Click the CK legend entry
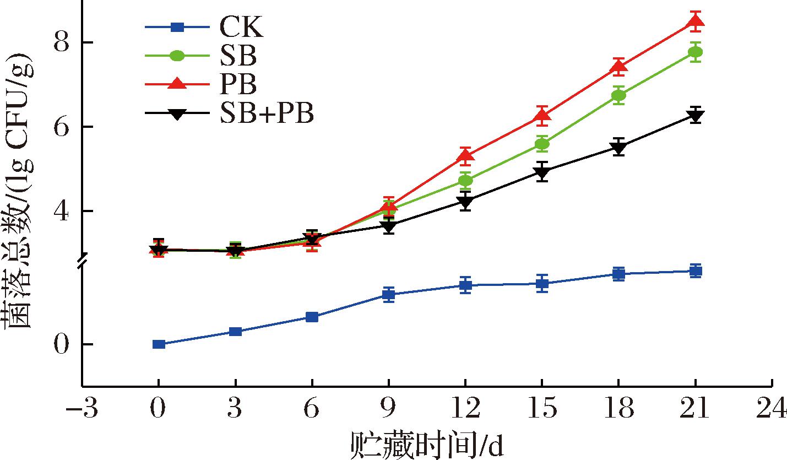(x=237, y=27)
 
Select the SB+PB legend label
(x=267, y=114)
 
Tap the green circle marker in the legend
(x=177, y=56)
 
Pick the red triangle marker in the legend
(x=177, y=84)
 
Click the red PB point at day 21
(x=696, y=21)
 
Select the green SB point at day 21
(x=696, y=52)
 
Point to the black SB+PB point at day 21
(x=696, y=116)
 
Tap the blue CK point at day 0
(x=159, y=344)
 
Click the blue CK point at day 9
(x=388, y=294)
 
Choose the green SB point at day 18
(x=618, y=95)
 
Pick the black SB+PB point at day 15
(x=542, y=172)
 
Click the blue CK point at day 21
(x=696, y=271)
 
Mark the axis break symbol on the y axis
(x=82, y=262)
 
